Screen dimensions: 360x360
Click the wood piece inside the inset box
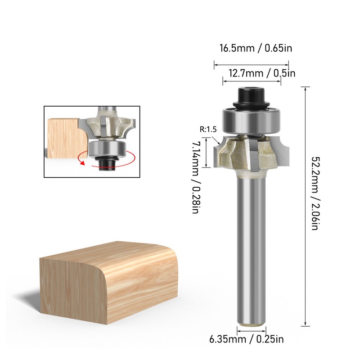(x=65, y=137)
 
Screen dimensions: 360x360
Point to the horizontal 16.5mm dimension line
(x=252, y=65)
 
